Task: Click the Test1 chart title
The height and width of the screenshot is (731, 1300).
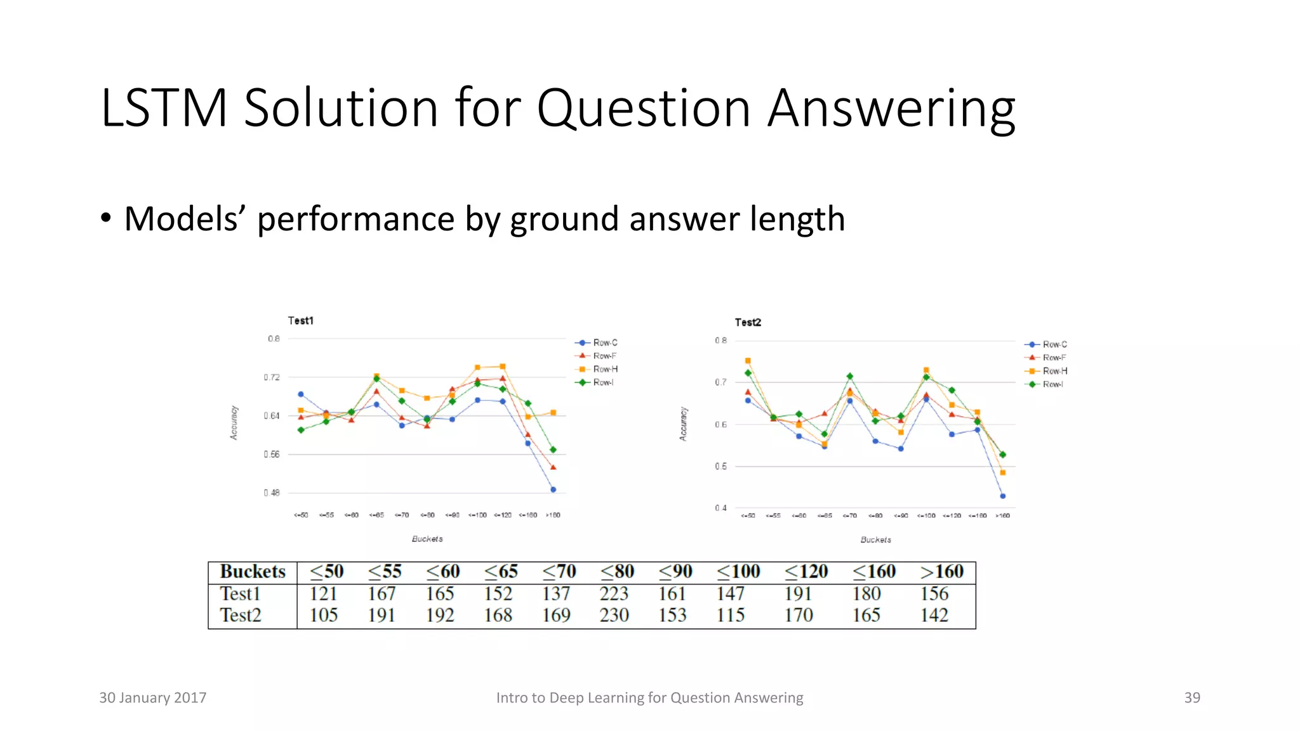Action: point(300,320)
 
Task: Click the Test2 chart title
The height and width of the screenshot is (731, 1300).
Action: point(748,322)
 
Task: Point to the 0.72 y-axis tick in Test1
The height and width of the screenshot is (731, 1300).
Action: point(272,378)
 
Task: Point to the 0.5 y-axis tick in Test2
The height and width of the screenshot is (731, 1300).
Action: point(720,466)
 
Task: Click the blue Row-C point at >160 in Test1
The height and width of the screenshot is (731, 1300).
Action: point(553,490)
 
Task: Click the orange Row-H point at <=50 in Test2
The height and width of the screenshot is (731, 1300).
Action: point(748,361)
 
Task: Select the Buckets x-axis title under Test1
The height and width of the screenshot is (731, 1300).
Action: point(427,539)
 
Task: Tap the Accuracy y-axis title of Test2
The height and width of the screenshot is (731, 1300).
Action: point(683,424)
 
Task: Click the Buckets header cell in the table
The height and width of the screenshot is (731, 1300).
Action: point(253,572)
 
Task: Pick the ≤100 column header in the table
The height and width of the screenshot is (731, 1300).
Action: point(738,572)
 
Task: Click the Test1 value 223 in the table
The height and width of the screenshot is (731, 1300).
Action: point(614,594)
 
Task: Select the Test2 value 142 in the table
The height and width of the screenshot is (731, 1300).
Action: point(934,616)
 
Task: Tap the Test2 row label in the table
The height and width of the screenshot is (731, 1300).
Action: point(241,616)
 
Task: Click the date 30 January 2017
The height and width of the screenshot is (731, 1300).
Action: point(152,698)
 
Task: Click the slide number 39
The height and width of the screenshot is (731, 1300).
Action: point(1191,698)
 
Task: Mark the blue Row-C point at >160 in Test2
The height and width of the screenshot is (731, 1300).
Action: point(1002,496)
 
